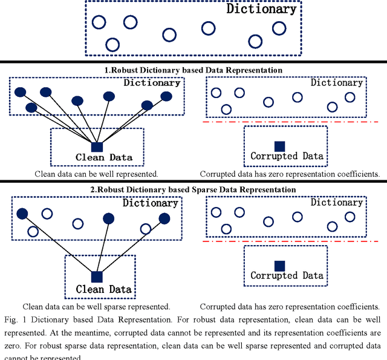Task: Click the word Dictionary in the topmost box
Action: coord(261,9)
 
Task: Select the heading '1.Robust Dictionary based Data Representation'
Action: coord(193,70)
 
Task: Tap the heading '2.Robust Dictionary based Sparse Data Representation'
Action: coord(193,189)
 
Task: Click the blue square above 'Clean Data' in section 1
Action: coord(97,146)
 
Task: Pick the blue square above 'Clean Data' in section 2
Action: coord(97,277)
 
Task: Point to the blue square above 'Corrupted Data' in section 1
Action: coord(279,146)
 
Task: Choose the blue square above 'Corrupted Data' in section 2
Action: coord(279,266)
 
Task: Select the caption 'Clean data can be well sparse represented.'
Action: coord(96,306)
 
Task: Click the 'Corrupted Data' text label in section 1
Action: coord(287,156)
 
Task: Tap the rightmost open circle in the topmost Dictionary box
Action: coord(279,28)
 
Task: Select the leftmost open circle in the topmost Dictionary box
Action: coord(99,22)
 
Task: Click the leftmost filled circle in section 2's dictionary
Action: coord(22,214)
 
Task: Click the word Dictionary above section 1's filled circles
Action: coord(152,83)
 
